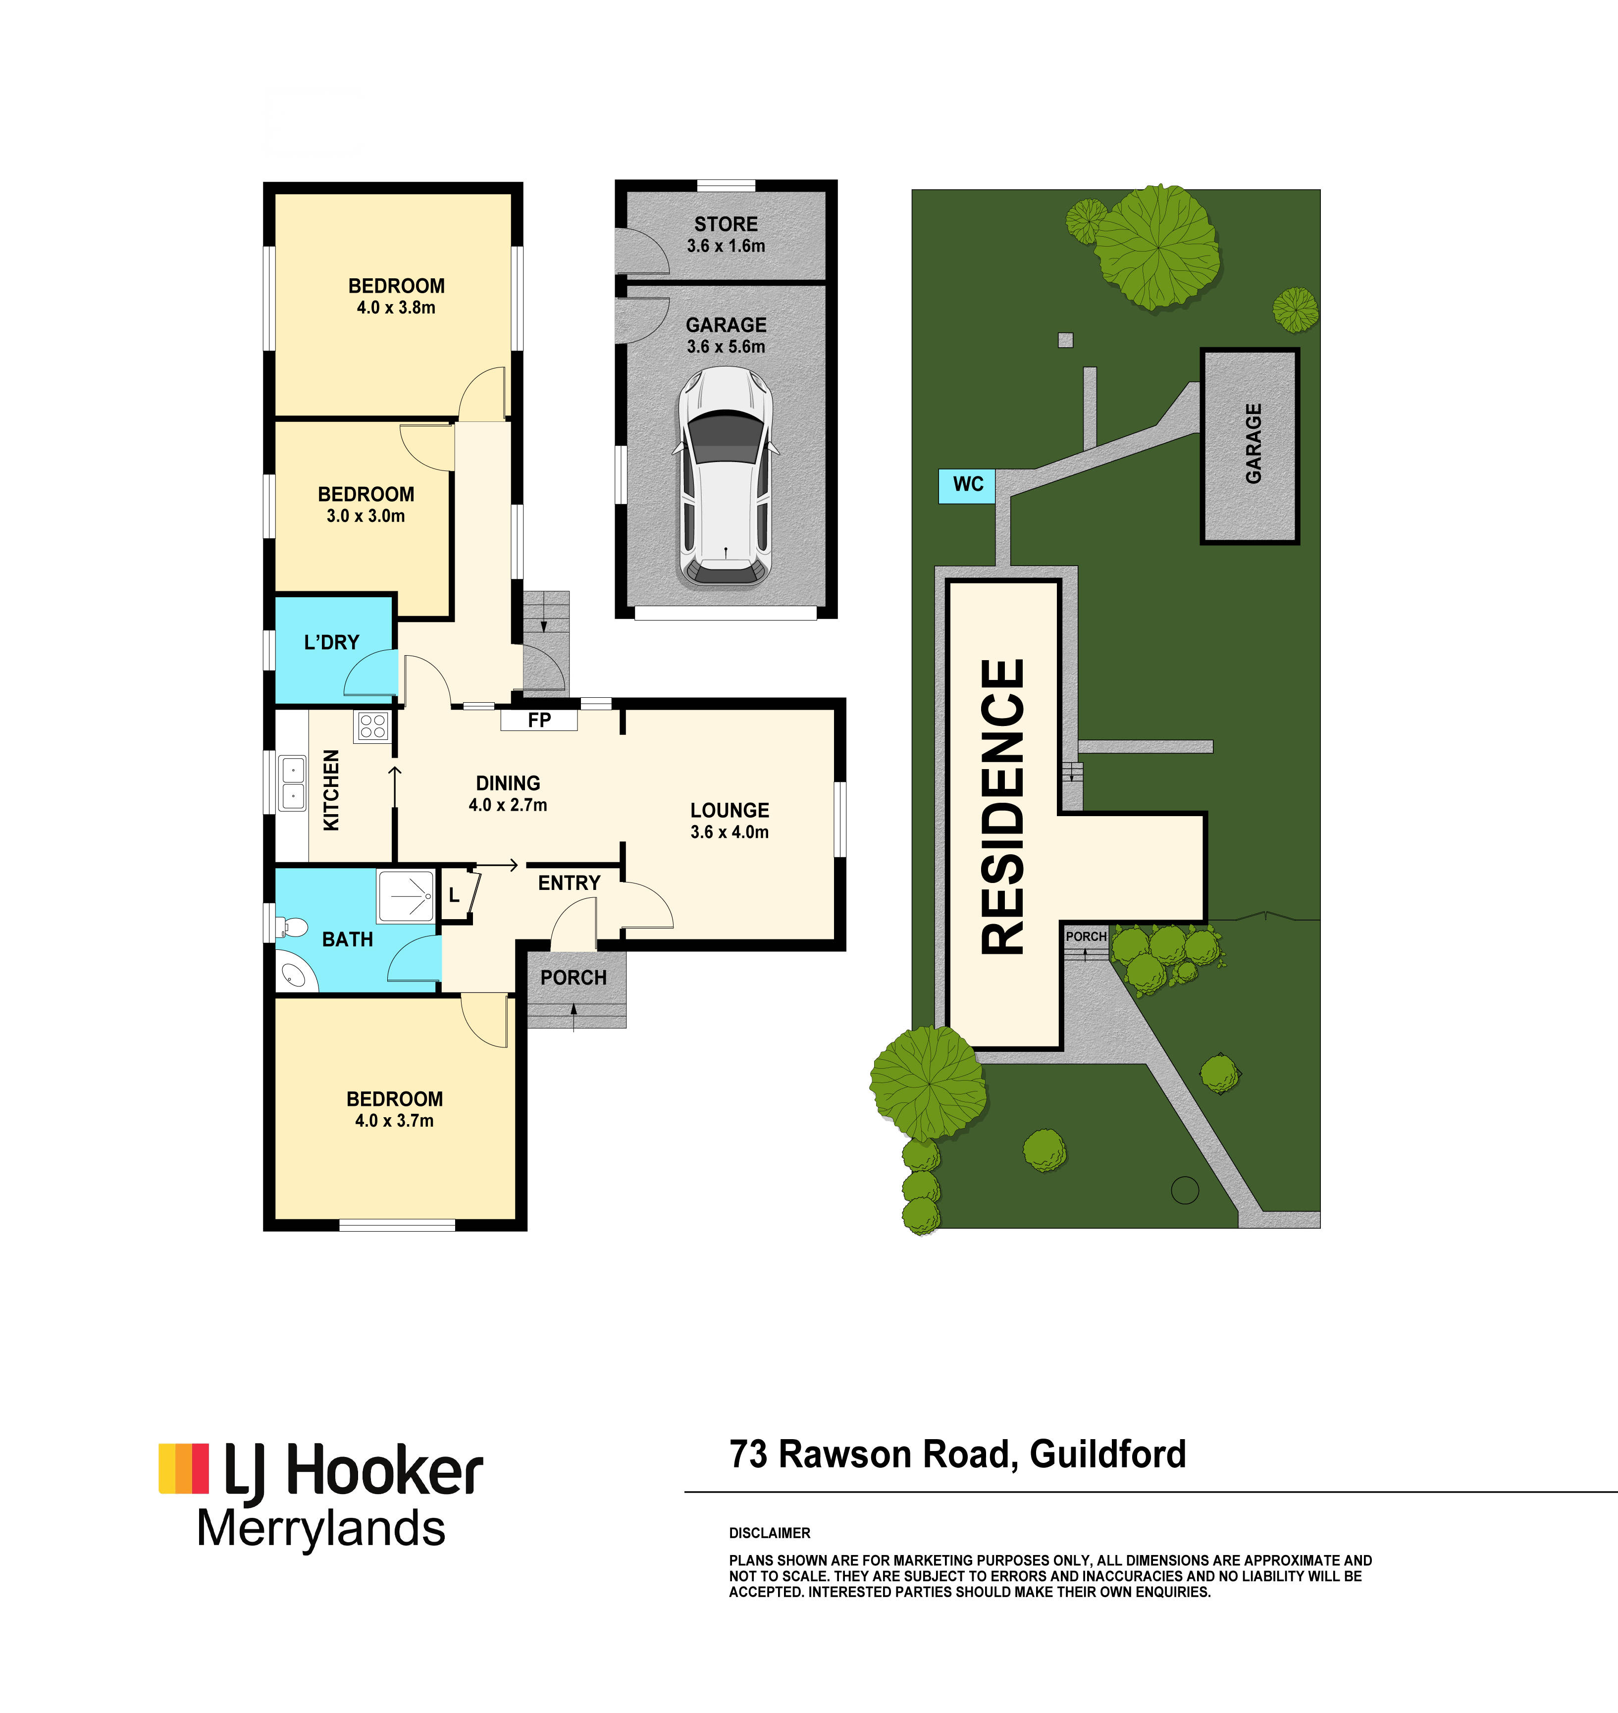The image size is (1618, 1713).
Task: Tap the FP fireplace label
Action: pyautogui.click(x=539, y=720)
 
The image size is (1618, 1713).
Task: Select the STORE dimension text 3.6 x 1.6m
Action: pyautogui.click(x=726, y=246)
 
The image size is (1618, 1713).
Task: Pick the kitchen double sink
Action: pyautogui.click(x=292, y=782)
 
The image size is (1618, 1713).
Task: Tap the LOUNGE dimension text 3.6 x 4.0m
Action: pyautogui.click(x=729, y=832)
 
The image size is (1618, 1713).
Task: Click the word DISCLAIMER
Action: pyautogui.click(x=769, y=1533)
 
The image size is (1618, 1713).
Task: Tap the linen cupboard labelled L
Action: pyautogui.click(x=455, y=896)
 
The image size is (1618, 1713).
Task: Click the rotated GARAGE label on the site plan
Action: pyautogui.click(x=1253, y=443)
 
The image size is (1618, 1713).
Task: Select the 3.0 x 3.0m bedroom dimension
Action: pyautogui.click(x=365, y=516)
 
